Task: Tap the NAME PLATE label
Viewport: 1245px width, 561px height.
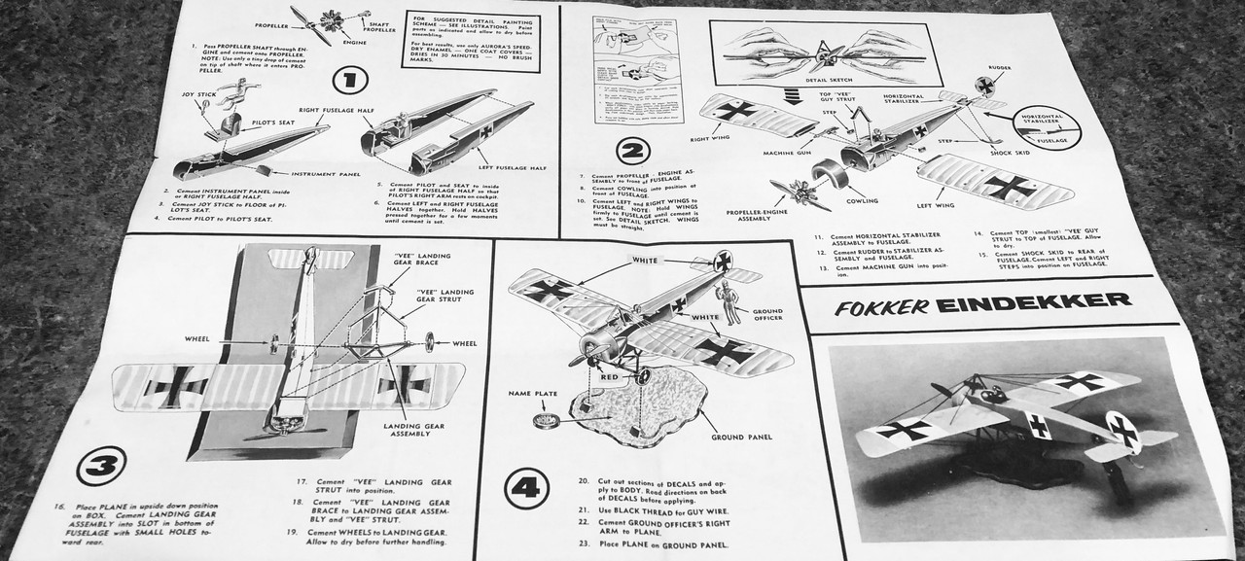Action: (532, 393)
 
